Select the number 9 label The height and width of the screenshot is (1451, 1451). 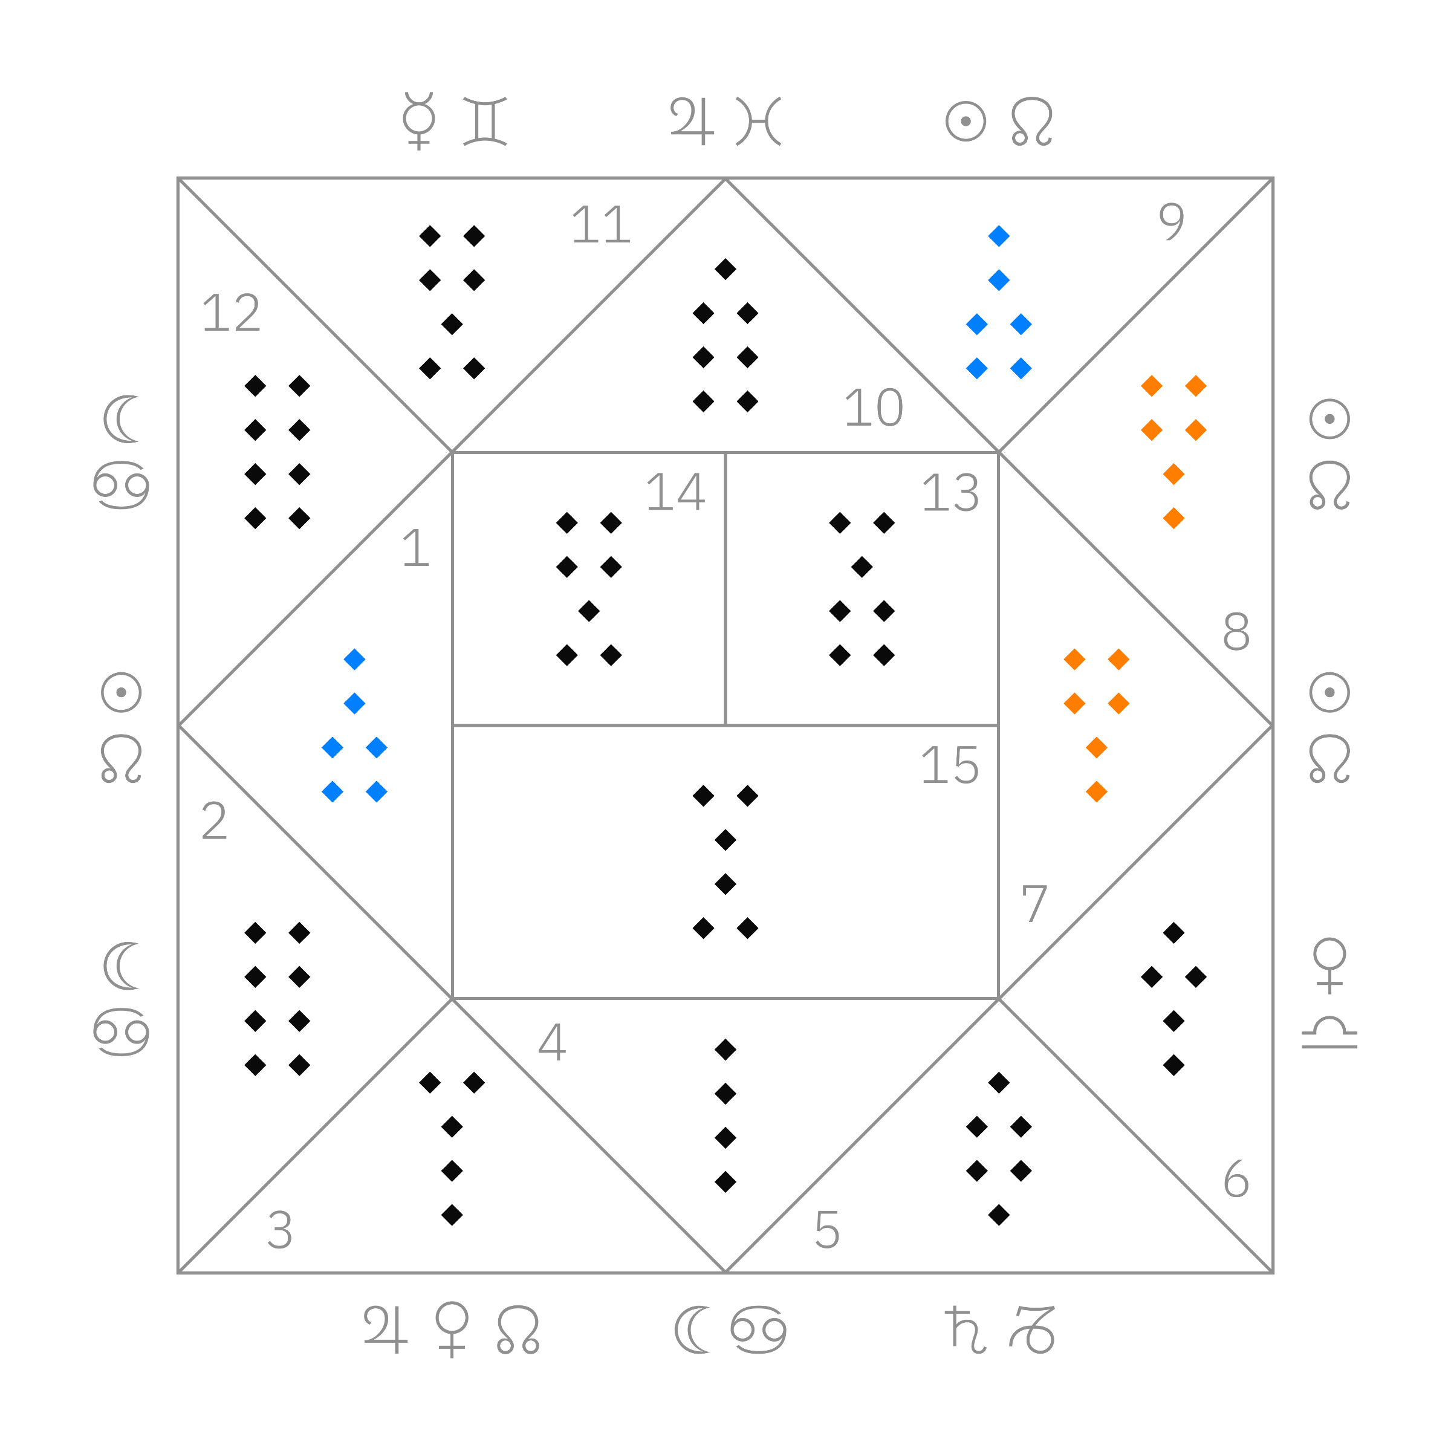[x=1172, y=221]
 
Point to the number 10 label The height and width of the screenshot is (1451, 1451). [x=874, y=408]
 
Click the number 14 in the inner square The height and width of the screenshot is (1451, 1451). [x=676, y=493]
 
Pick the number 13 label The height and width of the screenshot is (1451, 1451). [x=951, y=493]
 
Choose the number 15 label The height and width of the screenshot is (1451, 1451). [x=950, y=766]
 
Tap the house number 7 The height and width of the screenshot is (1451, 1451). [x=1034, y=903]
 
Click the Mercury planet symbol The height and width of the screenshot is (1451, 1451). [x=419, y=120]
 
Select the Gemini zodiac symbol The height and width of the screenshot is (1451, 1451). [x=485, y=121]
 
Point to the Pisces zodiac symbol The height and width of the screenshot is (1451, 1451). [x=759, y=121]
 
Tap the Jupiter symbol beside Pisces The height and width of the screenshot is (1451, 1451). [x=691, y=121]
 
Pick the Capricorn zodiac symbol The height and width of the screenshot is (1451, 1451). [x=1032, y=1330]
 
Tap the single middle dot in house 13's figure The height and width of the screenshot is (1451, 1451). [x=862, y=567]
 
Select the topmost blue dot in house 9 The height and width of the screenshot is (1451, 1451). [x=999, y=236]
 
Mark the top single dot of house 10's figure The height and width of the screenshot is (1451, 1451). [x=725, y=269]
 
